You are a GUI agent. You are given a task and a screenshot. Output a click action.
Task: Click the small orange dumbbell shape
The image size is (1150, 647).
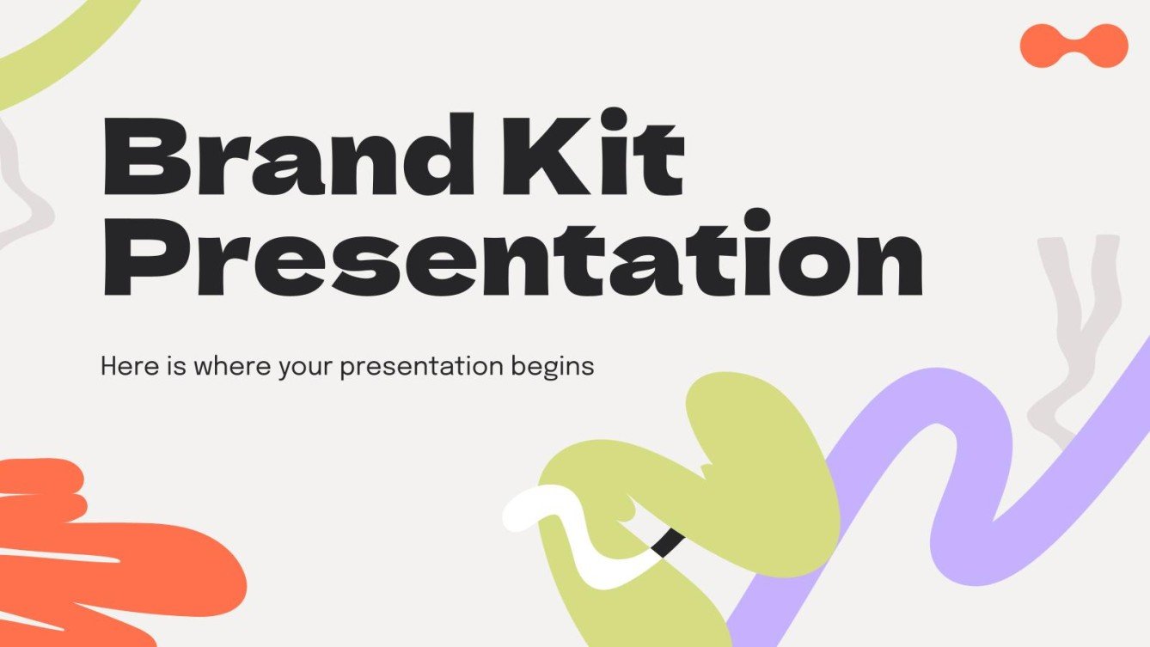click(x=1074, y=46)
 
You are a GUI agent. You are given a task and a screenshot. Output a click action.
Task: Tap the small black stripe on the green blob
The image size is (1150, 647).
click(x=668, y=542)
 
